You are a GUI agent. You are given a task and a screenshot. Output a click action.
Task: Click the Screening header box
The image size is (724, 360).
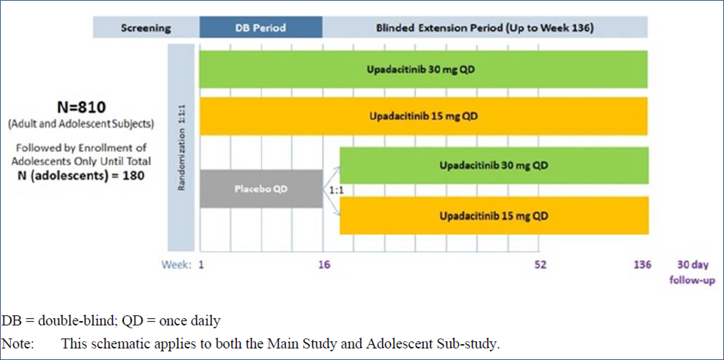[x=146, y=27]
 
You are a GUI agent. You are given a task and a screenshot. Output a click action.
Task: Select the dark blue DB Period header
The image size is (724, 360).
[x=260, y=27]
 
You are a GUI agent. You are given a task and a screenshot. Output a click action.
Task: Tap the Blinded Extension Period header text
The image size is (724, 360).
[x=485, y=27]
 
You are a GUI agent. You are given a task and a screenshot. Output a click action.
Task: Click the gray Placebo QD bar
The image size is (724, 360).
[x=261, y=189]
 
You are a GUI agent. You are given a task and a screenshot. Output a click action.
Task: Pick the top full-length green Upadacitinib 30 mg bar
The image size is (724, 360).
[x=423, y=69]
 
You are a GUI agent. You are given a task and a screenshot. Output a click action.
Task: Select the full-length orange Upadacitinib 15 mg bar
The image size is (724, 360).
[x=423, y=116]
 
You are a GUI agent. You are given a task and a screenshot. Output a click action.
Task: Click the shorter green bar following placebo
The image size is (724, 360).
[x=494, y=166]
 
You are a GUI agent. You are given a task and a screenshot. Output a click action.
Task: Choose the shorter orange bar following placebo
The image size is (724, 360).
[x=494, y=216]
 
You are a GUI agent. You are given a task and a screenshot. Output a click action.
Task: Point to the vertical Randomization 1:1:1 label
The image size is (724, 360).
[x=181, y=148]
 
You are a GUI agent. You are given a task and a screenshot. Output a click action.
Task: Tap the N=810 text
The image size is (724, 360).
[x=81, y=108]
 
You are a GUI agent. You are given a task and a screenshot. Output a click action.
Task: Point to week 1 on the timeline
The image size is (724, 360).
[x=201, y=264]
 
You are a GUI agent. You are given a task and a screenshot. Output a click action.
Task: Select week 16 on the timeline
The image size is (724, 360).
[x=324, y=264]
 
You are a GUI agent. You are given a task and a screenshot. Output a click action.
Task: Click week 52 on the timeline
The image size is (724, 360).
[x=540, y=264]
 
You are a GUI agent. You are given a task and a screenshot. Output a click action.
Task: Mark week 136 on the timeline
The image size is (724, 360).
[x=642, y=264]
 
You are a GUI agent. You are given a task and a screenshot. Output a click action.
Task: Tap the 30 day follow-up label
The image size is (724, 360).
[x=692, y=272]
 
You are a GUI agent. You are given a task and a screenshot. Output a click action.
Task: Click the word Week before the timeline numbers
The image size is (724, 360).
[x=177, y=264]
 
